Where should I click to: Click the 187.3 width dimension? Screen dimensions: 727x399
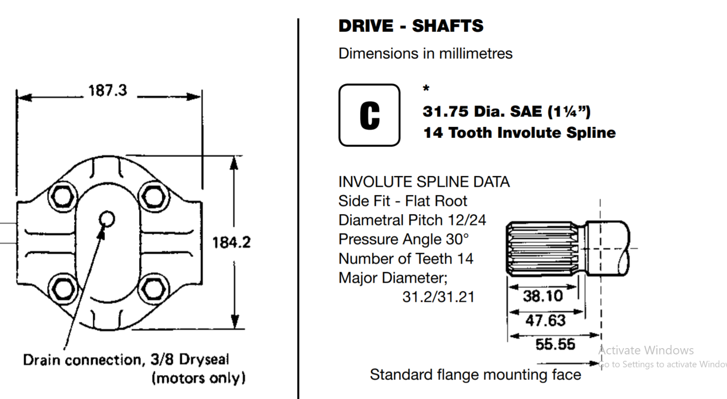click(x=107, y=90)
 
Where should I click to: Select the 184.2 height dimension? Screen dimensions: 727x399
click(x=231, y=243)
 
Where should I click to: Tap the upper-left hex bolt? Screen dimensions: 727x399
click(x=63, y=197)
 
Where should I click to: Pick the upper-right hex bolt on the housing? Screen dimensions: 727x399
click(x=154, y=197)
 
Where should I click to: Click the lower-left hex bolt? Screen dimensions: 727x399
click(x=63, y=289)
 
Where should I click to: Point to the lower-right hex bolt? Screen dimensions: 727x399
click(x=153, y=289)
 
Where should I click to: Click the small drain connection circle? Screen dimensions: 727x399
click(x=107, y=219)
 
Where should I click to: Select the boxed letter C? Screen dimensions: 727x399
click(x=369, y=115)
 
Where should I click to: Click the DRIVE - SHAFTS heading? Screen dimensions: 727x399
click(x=411, y=26)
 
